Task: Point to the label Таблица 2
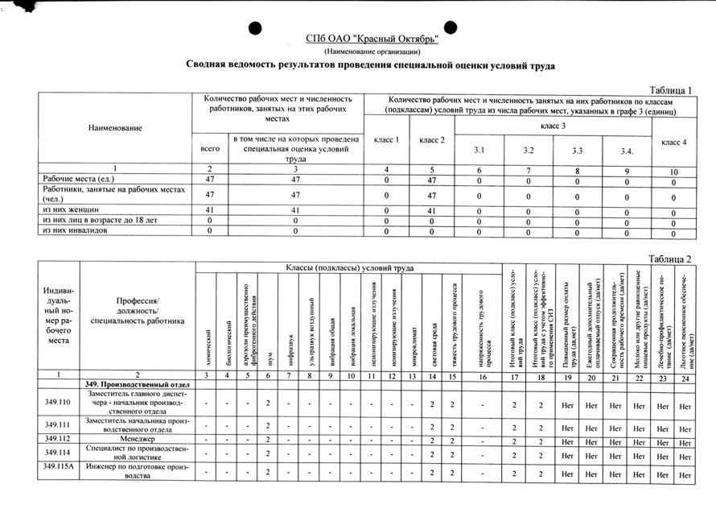(x=670, y=258)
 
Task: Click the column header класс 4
(x=673, y=143)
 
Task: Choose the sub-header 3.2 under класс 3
(x=529, y=151)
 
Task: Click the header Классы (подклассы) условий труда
(x=349, y=267)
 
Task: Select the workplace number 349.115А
(x=59, y=467)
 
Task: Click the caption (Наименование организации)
(x=372, y=52)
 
